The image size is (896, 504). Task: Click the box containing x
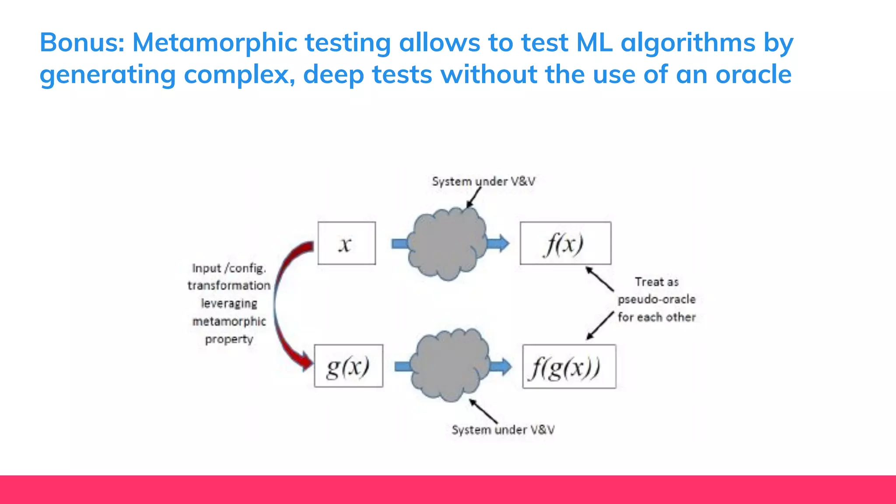point(346,243)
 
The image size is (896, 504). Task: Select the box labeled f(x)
point(565,243)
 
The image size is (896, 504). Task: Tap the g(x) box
point(348,366)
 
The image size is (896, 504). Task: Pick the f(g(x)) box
point(569,367)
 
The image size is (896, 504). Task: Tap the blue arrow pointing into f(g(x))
point(500,367)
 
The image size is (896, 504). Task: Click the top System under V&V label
point(483,182)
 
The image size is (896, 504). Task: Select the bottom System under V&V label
point(503,430)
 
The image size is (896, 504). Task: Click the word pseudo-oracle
point(656,300)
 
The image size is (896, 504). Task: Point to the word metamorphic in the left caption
point(229,322)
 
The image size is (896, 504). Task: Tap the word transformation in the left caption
point(229,286)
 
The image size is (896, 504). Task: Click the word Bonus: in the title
point(82,42)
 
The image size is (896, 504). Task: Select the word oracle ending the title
point(753,74)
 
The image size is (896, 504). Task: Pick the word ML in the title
point(594,42)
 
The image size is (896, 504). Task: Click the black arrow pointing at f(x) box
point(600,279)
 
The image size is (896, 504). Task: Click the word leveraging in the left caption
point(229,304)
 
